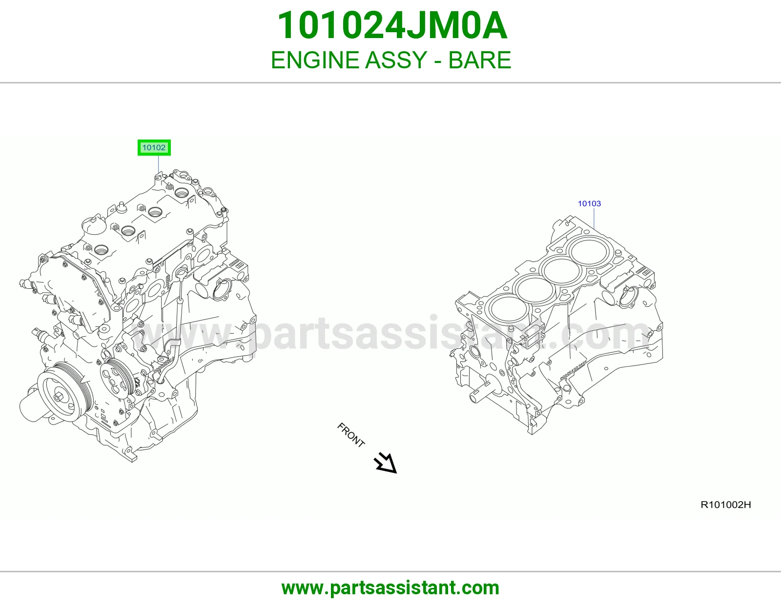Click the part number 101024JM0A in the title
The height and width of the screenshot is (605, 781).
point(392,26)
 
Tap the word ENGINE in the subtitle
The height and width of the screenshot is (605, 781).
point(315,60)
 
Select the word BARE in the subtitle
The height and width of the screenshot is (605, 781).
point(479,60)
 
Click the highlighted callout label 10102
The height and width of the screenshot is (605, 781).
point(154,148)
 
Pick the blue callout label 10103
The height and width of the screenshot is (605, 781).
point(589,204)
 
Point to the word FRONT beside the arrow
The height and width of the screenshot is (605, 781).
point(351,435)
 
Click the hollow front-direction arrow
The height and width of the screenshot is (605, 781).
point(386,464)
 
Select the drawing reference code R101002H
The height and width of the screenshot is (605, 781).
point(726,505)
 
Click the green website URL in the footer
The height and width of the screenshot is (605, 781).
point(390,588)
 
